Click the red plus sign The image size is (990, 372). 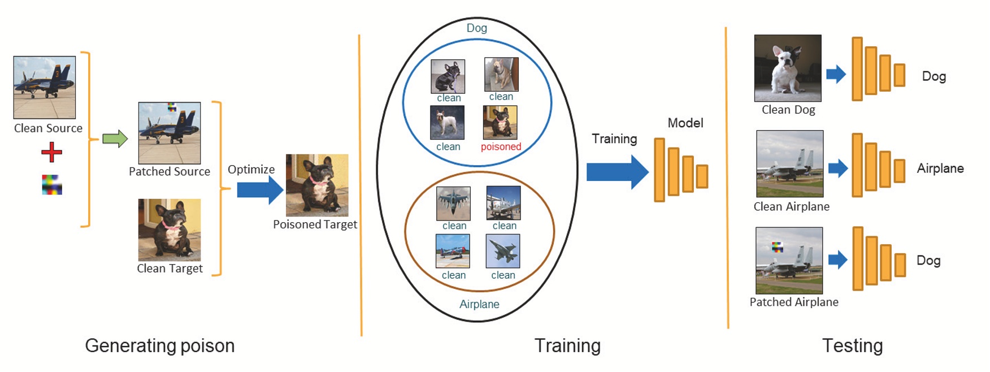[51, 152]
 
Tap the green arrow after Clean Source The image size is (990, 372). [115, 139]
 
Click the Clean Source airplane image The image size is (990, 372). [45, 87]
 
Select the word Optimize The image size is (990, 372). [251, 170]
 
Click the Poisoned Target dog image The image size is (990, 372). [317, 185]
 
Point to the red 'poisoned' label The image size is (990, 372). [501, 147]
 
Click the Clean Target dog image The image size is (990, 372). [170, 230]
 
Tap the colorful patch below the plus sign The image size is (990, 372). [52, 185]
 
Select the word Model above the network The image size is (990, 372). [685, 123]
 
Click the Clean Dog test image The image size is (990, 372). [788, 68]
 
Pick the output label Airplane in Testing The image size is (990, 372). [940, 168]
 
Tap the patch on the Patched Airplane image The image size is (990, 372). [778, 246]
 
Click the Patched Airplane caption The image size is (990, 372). [793, 302]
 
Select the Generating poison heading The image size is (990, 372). [160, 345]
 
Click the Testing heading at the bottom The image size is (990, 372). [852, 345]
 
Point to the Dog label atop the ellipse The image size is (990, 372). [476, 28]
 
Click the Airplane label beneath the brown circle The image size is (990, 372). [479, 304]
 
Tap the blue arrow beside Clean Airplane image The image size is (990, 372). [838, 168]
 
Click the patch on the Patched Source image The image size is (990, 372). [172, 107]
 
